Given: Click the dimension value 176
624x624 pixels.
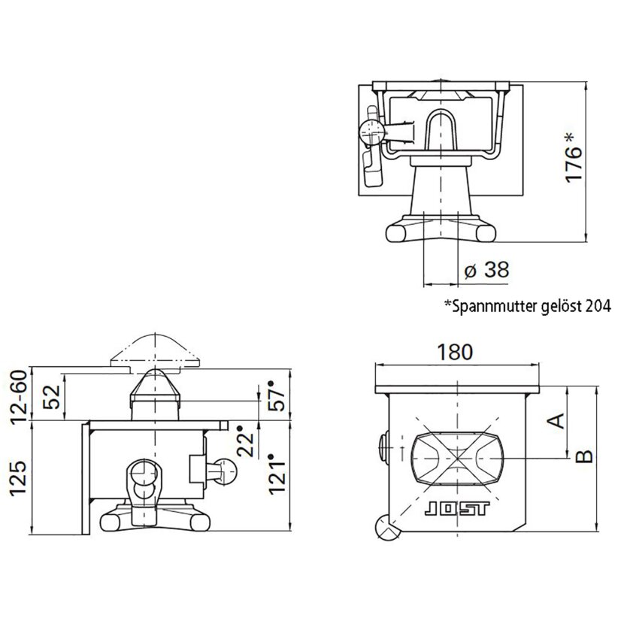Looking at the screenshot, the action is (x=573, y=165).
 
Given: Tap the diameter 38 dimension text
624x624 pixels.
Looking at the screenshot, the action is (x=486, y=270).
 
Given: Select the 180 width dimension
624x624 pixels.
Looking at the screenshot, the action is (x=455, y=352).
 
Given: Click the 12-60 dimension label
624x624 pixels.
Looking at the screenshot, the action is (x=20, y=397).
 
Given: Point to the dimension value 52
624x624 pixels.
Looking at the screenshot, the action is (x=51, y=397).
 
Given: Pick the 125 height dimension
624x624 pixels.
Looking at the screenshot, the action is (x=18, y=478).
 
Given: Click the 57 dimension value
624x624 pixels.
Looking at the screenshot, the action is (x=277, y=396).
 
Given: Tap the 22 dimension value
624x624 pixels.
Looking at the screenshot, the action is (x=245, y=441).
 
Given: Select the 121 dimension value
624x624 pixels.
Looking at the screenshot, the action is (x=277, y=474).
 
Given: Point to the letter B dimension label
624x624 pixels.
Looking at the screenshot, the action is (x=585, y=456).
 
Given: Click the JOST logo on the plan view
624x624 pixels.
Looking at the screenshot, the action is (x=457, y=509).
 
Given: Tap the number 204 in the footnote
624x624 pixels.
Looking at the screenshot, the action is (x=598, y=307).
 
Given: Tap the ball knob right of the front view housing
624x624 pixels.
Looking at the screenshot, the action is (x=226, y=471).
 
